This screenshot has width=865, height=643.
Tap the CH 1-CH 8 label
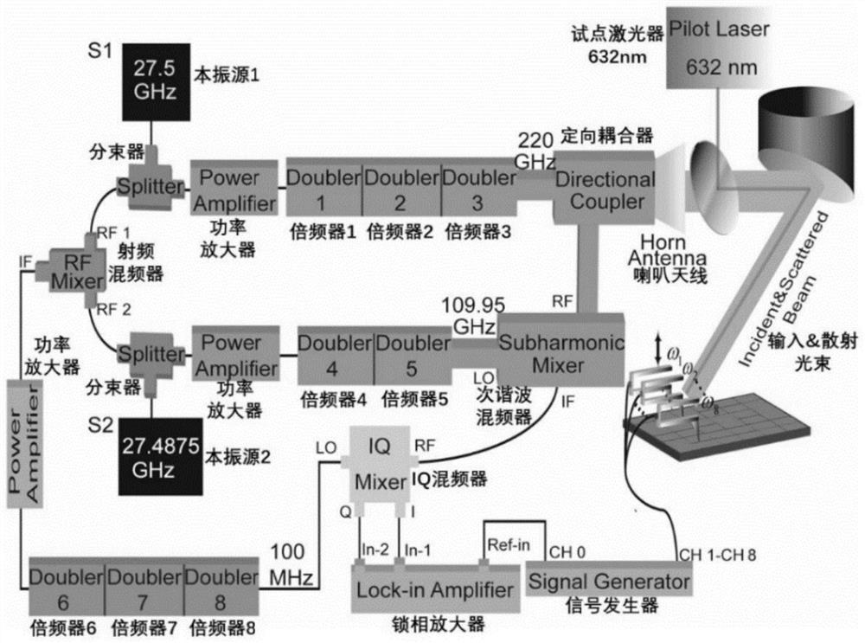(716, 552)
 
